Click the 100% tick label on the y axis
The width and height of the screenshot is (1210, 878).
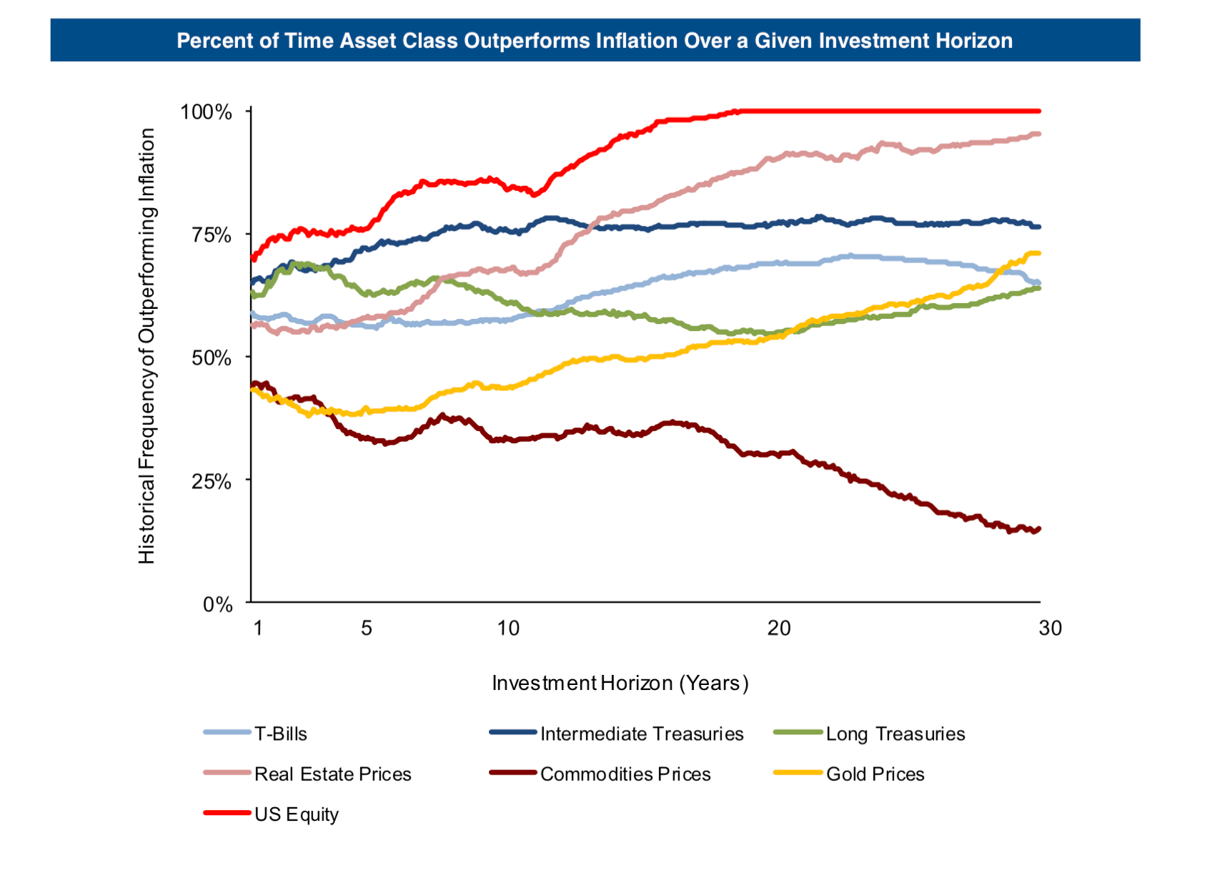coord(206,112)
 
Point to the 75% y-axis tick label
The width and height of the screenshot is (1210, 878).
coord(211,235)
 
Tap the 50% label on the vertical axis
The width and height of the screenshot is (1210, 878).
coord(211,358)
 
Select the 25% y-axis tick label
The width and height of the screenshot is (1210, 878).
coord(211,481)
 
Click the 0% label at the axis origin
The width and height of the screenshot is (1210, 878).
coord(217,605)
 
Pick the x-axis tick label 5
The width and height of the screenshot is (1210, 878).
coord(366,628)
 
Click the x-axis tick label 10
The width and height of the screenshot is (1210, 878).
coord(508,628)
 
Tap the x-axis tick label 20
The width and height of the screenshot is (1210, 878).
coord(779,628)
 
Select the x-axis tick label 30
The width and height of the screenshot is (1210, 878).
coord(1050,628)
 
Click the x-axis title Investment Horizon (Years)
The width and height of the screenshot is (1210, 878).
coord(620,684)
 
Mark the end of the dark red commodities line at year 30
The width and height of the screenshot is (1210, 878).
coord(1038,529)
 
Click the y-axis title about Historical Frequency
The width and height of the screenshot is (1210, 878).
coord(147,346)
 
